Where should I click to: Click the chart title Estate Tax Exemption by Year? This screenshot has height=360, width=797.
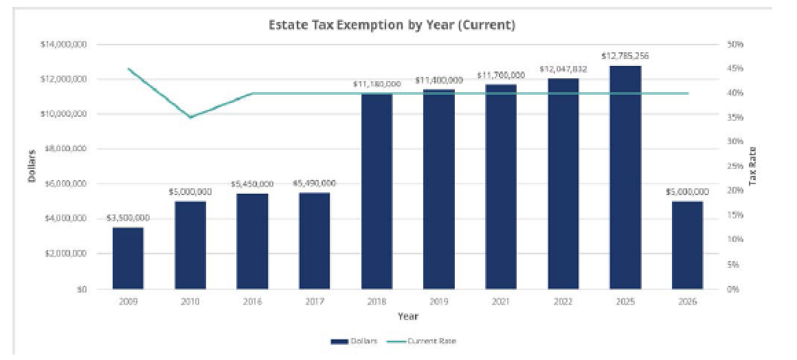(x=392, y=25)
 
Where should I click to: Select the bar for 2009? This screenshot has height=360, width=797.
(x=128, y=258)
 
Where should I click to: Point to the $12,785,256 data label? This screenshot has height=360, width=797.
(x=625, y=56)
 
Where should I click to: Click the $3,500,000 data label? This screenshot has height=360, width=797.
(x=128, y=218)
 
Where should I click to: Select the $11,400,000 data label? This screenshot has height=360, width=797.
(x=439, y=80)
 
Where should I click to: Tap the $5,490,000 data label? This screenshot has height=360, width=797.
(x=315, y=183)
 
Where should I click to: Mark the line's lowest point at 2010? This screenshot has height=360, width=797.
(x=190, y=117)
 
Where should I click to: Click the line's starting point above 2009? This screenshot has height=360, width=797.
(x=128, y=69)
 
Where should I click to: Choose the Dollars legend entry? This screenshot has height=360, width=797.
(x=355, y=341)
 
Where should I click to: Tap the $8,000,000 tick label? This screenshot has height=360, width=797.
(x=69, y=149)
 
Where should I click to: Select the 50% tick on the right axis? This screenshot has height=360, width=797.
(x=735, y=45)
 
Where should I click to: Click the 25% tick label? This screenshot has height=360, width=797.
(x=735, y=166)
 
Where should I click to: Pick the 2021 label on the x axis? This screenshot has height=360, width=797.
(x=501, y=302)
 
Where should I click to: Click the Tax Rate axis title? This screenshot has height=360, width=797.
(x=753, y=166)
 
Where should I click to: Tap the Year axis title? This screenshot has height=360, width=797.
(x=407, y=317)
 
